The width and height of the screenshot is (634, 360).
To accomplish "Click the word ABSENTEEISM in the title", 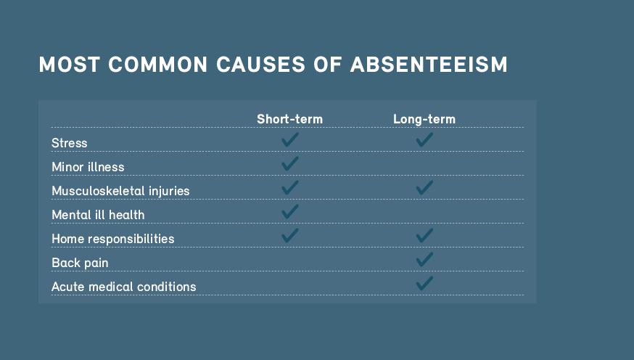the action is pos(429,65).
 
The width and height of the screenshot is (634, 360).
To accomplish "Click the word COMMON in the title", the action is pos(158,65).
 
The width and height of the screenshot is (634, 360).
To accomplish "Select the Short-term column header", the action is pos(290,119).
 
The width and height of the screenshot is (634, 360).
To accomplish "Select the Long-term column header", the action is pos(424,119).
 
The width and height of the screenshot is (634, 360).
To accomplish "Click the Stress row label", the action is pos(69,143).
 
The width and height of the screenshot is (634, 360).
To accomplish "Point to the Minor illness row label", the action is pos(88,167).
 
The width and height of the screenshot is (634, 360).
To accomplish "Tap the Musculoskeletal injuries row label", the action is pos(120,190).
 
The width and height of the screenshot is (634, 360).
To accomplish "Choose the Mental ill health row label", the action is pos(98,214).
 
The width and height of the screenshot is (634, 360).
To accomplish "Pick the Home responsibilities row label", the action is pos(113,239).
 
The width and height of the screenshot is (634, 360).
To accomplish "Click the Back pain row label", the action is pos(80,263).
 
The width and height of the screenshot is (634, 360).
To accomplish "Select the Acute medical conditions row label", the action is pos(124,287).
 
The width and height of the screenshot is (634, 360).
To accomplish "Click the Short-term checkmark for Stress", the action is pos(290,139).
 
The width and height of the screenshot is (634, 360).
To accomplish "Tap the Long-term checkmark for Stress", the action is pos(424,139).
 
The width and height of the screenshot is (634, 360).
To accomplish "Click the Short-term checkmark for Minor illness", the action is pos(290,163).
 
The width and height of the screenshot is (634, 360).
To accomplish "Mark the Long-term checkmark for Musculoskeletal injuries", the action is pos(424,187).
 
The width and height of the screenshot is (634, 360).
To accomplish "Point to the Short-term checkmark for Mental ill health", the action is pos(290,211).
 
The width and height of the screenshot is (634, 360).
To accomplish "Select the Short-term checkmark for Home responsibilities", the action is pos(290,235).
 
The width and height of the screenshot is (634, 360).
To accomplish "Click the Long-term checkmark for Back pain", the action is pos(424,259).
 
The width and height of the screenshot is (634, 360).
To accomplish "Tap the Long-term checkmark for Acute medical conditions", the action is pos(424,283).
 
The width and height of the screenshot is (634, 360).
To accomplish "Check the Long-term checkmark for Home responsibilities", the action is pos(424,235).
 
